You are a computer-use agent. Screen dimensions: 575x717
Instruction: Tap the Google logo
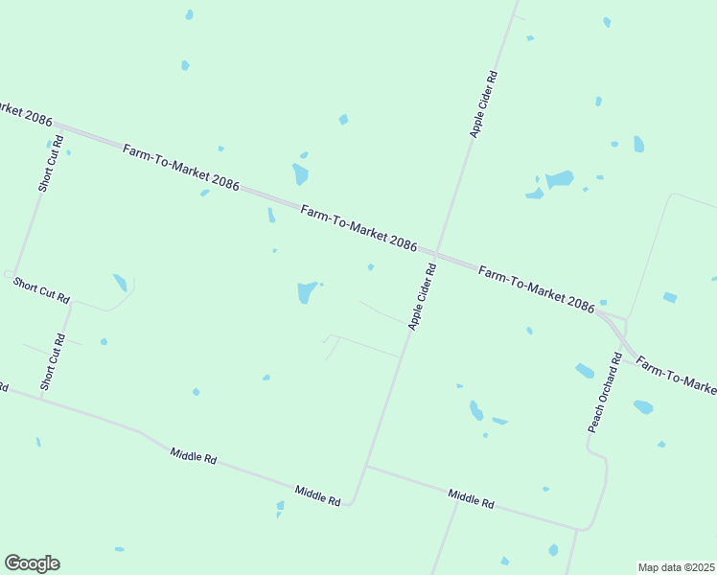[x=32, y=563]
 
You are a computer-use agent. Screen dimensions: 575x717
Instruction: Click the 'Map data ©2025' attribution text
[x=677, y=567]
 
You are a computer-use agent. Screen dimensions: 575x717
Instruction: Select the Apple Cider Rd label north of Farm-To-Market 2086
[x=483, y=104]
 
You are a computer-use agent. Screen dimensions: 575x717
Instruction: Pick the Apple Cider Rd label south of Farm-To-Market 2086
[x=422, y=298]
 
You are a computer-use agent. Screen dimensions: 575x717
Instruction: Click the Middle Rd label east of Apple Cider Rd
[x=471, y=497]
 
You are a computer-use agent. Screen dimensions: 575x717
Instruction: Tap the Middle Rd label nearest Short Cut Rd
[x=193, y=455]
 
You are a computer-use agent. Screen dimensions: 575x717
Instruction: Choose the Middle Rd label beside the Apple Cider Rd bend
[x=317, y=494]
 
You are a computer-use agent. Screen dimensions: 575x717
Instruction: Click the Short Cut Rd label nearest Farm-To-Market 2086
[x=51, y=165]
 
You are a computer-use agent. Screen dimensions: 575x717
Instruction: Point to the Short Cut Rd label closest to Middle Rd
[x=52, y=362]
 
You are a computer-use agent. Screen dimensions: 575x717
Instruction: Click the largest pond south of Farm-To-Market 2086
[x=307, y=291]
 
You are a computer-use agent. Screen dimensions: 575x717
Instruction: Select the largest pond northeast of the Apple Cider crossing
[x=559, y=179]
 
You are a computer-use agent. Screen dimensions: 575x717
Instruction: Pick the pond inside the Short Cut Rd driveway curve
[x=120, y=283]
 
